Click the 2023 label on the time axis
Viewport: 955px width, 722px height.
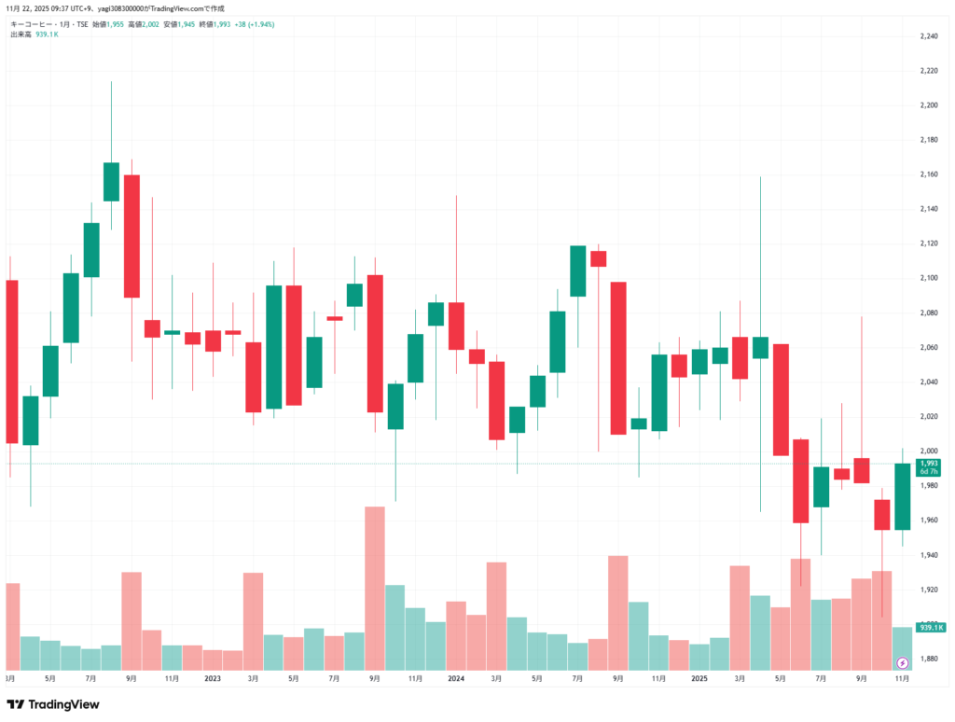coord(212,679)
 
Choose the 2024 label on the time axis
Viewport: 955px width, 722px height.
coord(455,679)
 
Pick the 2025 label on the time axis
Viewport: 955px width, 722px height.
coord(699,679)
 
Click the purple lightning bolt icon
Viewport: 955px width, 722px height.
coord(902,663)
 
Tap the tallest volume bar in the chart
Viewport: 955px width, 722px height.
coord(375,588)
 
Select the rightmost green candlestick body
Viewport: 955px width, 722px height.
coord(902,496)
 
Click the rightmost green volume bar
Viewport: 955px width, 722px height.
coord(902,648)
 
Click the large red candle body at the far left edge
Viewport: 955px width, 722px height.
coord(11,361)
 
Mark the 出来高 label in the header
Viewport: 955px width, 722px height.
coord(21,34)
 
